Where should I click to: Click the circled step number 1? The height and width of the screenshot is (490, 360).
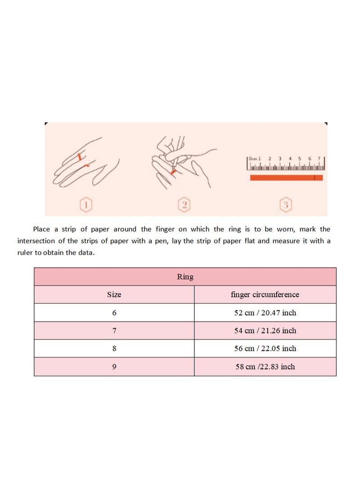pos(86,205)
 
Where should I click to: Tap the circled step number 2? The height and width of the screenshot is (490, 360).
pos(183,205)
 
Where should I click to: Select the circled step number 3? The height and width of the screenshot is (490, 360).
pos(285,205)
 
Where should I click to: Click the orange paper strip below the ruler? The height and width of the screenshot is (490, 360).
pos(286,178)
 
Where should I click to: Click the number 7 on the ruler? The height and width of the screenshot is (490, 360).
pos(319,159)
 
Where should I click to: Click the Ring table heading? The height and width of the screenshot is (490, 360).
pos(185,277)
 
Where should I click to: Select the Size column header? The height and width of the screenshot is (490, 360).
pos(114,295)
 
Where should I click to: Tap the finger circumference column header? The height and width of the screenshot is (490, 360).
pos(265,295)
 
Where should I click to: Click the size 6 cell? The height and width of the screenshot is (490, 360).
pos(114,312)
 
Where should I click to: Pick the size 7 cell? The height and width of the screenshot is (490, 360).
pos(114,330)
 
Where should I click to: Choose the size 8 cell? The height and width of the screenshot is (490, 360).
pos(114,348)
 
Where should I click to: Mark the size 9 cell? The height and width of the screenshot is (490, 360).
pos(114,367)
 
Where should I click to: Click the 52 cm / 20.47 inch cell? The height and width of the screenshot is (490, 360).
pos(265,312)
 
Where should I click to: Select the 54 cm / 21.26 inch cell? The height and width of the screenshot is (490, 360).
pos(265,330)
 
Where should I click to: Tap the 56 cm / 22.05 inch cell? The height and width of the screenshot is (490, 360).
pos(265,348)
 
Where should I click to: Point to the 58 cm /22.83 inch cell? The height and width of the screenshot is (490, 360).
pos(265,367)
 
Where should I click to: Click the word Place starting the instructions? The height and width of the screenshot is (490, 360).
pos(42,229)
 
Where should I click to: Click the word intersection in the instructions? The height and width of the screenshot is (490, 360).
pos(39,241)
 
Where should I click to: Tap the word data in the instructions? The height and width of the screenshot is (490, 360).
pos(85,253)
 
